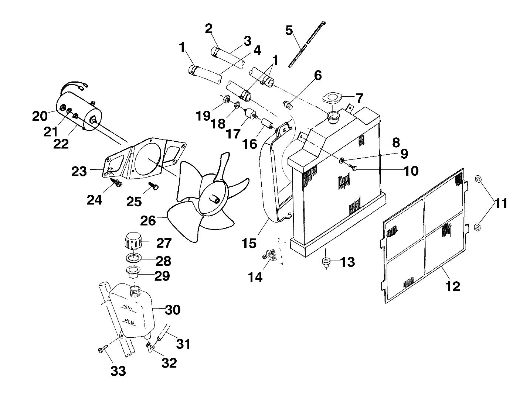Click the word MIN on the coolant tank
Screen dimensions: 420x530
(129, 321)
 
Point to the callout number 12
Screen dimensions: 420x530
(453, 286)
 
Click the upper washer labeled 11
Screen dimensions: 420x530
(478, 179)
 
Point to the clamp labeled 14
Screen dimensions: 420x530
(270, 255)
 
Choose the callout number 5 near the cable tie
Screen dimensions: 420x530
(289, 30)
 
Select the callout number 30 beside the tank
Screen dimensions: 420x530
(172, 309)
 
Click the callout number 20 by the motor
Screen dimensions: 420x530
(40, 116)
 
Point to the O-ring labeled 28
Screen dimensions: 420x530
(134, 257)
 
